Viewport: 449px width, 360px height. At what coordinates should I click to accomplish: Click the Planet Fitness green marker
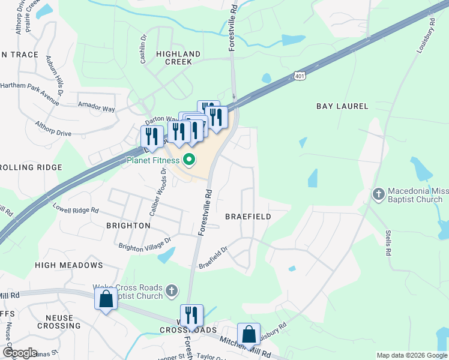[x=189, y=160]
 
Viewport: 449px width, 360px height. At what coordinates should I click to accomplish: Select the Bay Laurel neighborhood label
[x=342, y=106]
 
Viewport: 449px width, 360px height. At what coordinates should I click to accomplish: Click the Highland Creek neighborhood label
[x=174, y=58]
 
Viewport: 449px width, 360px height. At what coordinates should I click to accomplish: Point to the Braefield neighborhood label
[x=248, y=216]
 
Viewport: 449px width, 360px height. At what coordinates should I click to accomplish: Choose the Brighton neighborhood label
[x=128, y=226]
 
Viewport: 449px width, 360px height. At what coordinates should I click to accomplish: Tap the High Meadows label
[x=69, y=265]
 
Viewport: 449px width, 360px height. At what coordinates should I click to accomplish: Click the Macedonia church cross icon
[x=378, y=194]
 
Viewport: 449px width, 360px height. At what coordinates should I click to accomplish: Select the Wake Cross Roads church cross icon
[x=172, y=291]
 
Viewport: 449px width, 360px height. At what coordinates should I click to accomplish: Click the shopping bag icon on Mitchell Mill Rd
[x=249, y=334]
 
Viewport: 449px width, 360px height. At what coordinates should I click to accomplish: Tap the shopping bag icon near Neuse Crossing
[x=106, y=299]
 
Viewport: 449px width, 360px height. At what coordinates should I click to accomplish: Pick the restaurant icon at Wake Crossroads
[x=191, y=315]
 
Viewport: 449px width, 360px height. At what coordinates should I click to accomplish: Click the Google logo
[x=19, y=353]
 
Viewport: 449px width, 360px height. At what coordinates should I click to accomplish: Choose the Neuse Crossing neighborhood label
[x=55, y=322]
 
